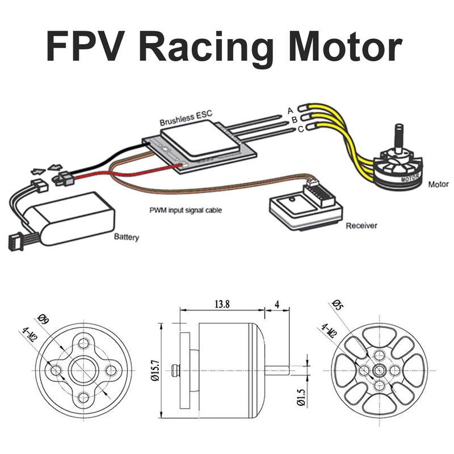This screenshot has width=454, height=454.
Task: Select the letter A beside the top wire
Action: (290, 110)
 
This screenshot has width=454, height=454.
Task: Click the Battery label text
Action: (126, 237)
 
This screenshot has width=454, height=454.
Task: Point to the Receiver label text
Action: (361, 225)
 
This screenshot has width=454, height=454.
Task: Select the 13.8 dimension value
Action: (222, 304)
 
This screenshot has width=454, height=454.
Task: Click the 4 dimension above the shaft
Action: (278, 304)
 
